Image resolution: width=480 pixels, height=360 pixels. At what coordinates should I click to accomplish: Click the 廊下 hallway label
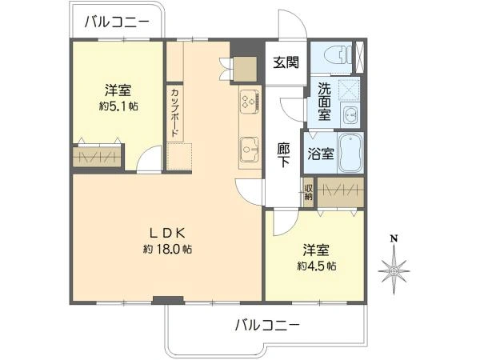pos(283,154)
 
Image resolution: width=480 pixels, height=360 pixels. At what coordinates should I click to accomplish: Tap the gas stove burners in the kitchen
pos(247,102)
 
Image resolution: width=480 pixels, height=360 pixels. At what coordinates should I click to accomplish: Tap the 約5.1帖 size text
pos(119,106)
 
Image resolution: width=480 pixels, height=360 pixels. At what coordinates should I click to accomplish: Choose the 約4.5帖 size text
pos(317,266)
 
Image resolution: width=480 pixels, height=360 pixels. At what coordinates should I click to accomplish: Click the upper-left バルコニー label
pos(116,22)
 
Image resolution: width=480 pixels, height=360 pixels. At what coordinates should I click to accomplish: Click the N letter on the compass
pos(394,238)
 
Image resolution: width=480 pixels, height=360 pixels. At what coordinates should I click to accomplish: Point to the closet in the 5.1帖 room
pos(98,155)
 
